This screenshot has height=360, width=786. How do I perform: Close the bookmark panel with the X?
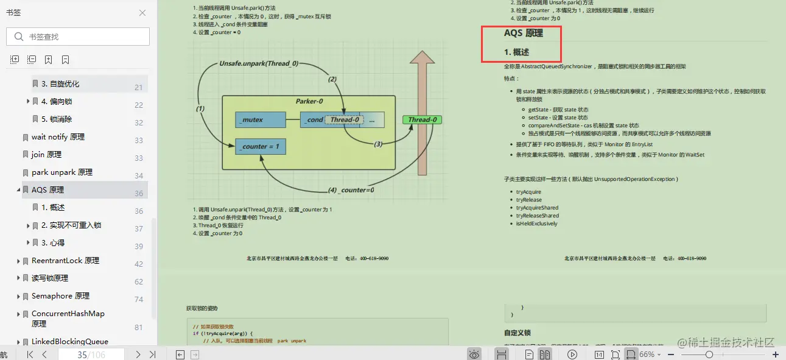tap(142, 13)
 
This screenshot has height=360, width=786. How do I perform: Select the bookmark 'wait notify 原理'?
tap(58, 137)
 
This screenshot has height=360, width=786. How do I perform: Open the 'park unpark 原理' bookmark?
tap(61, 172)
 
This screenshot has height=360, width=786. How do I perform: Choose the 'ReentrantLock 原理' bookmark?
tap(65, 261)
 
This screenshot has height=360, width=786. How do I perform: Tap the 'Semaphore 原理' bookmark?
tap(60, 296)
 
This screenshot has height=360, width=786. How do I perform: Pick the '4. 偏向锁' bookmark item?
tap(57, 102)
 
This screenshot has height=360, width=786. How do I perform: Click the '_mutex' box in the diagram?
tap(260, 120)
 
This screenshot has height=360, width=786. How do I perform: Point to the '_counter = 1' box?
tap(260, 147)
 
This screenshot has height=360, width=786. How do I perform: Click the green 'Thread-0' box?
tap(422, 119)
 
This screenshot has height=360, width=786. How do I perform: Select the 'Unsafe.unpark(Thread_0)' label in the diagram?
tap(259, 63)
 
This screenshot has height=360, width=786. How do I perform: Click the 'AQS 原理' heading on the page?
tap(523, 34)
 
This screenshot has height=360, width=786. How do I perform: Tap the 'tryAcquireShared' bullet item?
tap(537, 208)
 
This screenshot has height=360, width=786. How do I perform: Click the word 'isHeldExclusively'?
tap(536, 224)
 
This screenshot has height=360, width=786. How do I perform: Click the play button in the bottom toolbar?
tap(572, 355)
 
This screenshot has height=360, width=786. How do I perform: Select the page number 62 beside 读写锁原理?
tap(139, 281)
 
